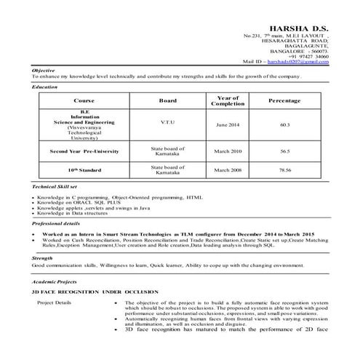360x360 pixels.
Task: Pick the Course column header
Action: point(84,100)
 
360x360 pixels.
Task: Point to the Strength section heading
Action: point(42,258)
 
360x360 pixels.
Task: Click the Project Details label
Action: point(55,301)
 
